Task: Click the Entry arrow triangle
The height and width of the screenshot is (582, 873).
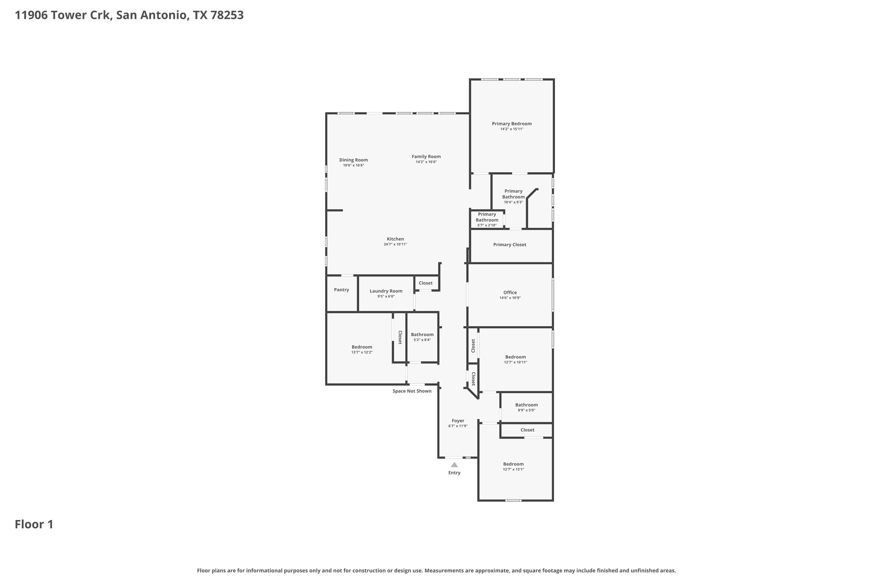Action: (x=454, y=465)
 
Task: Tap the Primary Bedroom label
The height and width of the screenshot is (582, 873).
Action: (x=512, y=124)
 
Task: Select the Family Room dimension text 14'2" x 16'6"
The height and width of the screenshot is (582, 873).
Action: (x=426, y=162)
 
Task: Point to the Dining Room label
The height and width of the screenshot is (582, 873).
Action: (x=353, y=160)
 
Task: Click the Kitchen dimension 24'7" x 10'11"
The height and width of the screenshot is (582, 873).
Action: (x=395, y=244)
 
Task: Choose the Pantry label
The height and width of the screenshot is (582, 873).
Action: (x=341, y=290)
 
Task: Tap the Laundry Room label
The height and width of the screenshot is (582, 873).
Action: (x=386, y=291)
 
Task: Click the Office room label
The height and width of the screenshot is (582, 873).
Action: (x=510, y=292)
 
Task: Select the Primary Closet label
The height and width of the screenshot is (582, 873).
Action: (x=510, y=245)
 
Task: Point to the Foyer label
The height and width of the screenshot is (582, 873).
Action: (x=458, y=420)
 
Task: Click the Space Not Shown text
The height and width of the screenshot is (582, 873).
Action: (x=412, y=391)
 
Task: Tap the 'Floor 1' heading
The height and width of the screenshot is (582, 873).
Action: (x=34, y=524)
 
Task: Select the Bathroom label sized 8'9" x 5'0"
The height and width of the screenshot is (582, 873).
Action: (x=526, y=405)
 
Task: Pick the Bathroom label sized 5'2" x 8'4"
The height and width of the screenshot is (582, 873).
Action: (x=422, y=334)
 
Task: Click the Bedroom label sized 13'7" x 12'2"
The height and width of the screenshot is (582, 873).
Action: (x=362, y=347)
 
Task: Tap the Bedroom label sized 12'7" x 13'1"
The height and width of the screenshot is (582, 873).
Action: (x=513, y=464)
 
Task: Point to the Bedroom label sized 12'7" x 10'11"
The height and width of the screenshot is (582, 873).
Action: (x=516, y=357)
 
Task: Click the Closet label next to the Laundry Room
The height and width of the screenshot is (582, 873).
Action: (x=426, y=283)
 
